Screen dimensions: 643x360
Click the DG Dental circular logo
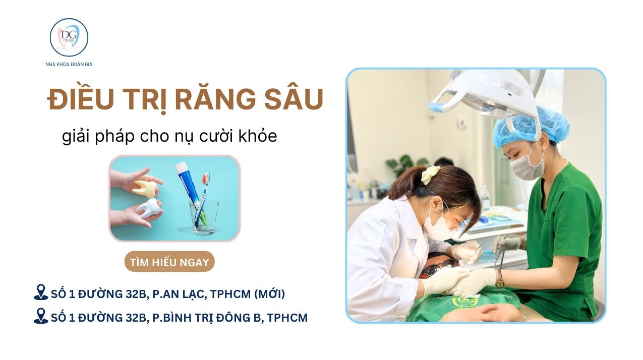pyautogui.click(x=69, y=37)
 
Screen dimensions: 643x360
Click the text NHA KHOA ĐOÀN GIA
pyautogui.click(x=69, y=65)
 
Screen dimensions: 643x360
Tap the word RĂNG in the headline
pyautogui.click(x=215, y=99)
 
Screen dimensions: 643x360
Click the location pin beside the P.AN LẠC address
pyautogui.click(x=41, y=292)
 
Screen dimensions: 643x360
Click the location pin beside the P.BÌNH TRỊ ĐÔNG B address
pyautogui.click(x=41, y=316)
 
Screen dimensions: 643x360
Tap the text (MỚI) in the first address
pyautogui.click(x=269, y=294)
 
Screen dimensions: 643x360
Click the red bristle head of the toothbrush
pyautogui.click(x=205, y=178)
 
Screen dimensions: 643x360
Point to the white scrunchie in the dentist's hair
pyautogui.click(x=430, y=174)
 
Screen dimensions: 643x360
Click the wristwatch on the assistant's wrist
pyautogui.click(x=500, y=279)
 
